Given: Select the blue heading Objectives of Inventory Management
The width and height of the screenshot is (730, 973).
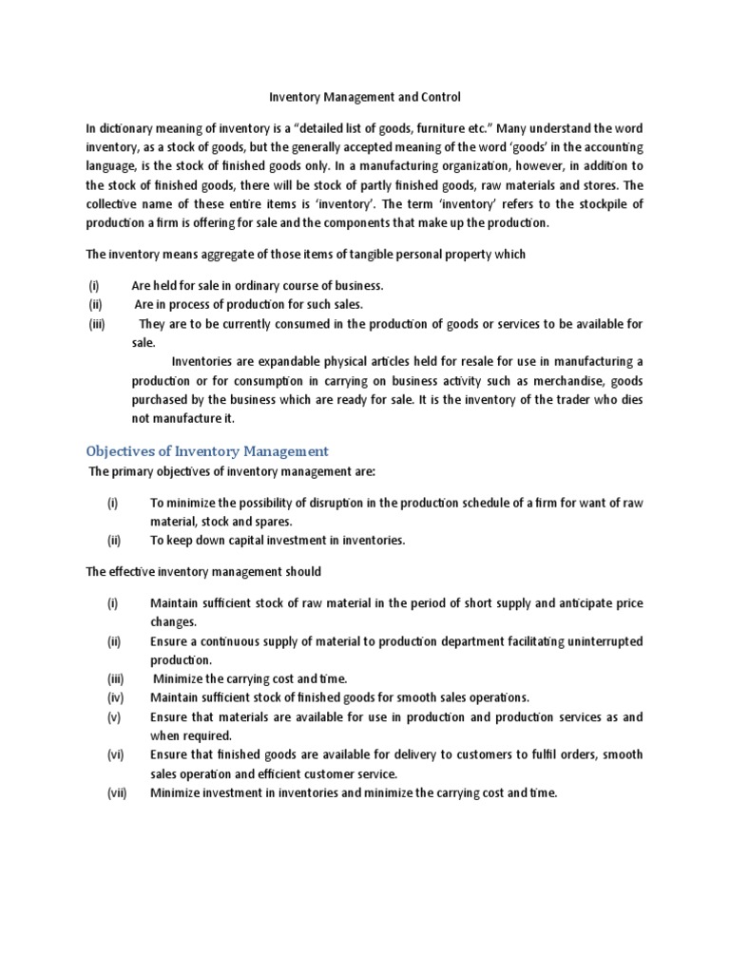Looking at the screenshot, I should (207, 450).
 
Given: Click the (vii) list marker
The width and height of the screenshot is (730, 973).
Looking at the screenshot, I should (118, 792).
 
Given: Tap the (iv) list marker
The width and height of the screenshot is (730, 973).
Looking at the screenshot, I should (116, 697).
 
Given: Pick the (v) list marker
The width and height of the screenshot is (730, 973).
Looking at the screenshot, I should (115, 716).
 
